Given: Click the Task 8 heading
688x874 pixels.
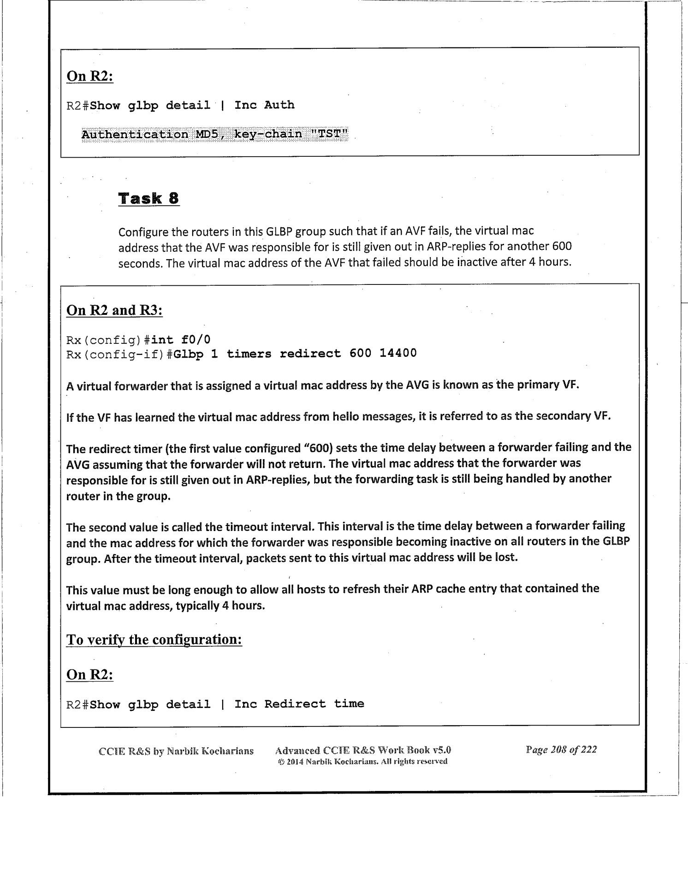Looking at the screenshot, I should [148, 198].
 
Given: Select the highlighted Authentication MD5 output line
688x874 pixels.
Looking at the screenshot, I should [214, 134].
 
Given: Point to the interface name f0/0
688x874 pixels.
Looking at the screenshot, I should [196, 340].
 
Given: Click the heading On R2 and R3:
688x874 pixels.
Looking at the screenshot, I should [114, 310].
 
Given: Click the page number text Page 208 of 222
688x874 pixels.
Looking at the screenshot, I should [561, 749].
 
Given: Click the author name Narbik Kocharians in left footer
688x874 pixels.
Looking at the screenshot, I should [210, 751].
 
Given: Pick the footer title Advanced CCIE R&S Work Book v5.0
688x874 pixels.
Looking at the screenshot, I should [362, 750].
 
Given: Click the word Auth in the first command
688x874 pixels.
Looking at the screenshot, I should [279, 105].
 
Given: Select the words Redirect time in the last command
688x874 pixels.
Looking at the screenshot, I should [314, 704].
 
